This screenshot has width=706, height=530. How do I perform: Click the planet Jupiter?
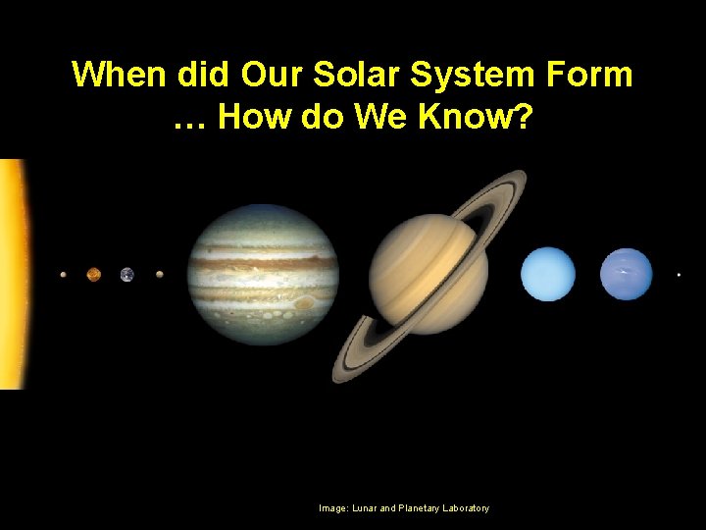263,274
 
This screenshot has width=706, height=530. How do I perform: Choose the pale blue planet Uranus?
547,274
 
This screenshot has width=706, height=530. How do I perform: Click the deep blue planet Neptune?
626,274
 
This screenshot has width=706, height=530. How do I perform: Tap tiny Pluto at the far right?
679,275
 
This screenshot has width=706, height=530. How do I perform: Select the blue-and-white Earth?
126,275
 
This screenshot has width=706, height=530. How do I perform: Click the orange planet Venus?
93,275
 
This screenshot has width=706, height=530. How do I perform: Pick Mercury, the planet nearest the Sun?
64,275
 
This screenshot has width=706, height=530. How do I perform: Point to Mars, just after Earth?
159,275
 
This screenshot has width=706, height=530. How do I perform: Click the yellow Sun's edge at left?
15,275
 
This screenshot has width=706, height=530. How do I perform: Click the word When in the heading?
122,74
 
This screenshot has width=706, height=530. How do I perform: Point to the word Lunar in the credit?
362,508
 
